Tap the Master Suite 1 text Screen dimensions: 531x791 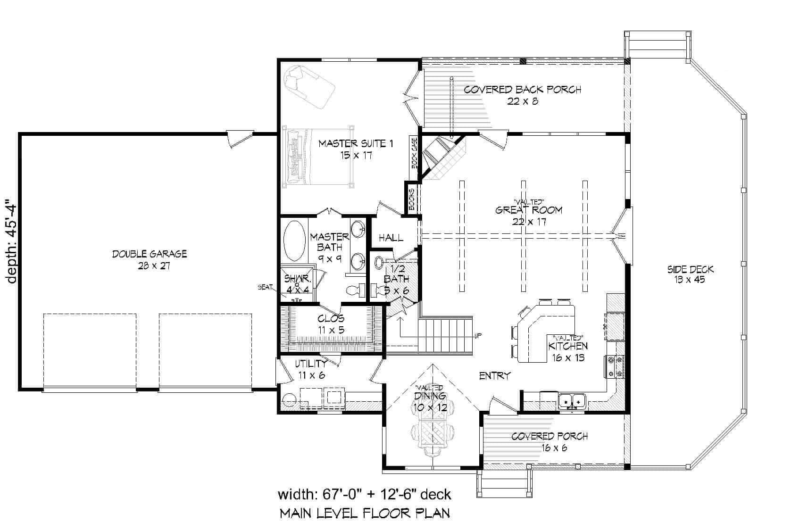356,149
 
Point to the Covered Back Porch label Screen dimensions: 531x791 522,95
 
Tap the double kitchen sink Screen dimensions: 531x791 572,401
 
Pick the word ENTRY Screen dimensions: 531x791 495,376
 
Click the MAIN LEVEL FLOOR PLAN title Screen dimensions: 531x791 365,513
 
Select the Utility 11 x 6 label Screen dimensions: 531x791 310,369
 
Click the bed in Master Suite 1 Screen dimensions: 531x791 318,156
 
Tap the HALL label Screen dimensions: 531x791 391,237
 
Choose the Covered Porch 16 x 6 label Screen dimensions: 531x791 550,442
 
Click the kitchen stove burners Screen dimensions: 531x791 615,366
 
